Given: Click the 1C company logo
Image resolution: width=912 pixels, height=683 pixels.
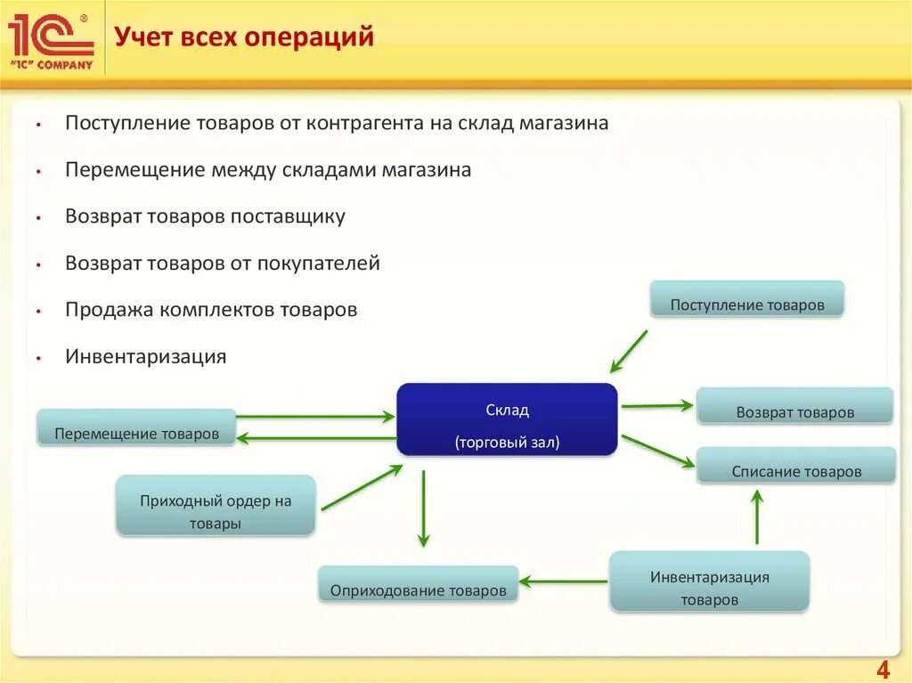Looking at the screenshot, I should coord(51,40).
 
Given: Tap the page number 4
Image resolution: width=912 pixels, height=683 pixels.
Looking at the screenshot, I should coord(883,670).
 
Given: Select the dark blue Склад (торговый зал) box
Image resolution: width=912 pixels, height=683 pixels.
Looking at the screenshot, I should coord(507,419).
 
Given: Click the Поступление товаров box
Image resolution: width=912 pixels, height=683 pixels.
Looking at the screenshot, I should coord(746,300).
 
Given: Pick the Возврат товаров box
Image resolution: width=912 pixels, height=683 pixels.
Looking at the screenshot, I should coord(794,406).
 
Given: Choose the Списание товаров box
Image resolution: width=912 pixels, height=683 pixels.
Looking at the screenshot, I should coord(796,466).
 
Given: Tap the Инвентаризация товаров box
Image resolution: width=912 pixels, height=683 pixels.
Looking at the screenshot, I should coord(709,581).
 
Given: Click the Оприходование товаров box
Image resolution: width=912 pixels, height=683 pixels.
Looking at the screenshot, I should coord(418,584).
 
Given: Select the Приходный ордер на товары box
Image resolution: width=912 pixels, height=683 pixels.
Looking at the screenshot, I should coord(216,506).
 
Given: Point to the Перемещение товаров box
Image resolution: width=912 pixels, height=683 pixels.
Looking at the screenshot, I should coord(136,427).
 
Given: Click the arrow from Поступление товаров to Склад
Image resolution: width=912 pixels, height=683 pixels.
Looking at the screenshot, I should coord(629,351).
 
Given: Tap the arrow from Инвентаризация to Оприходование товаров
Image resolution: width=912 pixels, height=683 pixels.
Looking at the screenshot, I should coord(563,581).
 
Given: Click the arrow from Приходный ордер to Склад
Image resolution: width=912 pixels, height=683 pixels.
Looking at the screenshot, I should coord(361,488).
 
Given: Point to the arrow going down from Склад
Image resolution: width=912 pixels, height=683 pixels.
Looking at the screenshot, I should coord(423,508).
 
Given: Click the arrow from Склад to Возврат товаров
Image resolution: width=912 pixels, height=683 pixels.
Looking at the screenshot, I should coord(656,405).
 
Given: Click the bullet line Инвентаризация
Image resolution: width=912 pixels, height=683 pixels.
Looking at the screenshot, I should coord(145,357).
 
